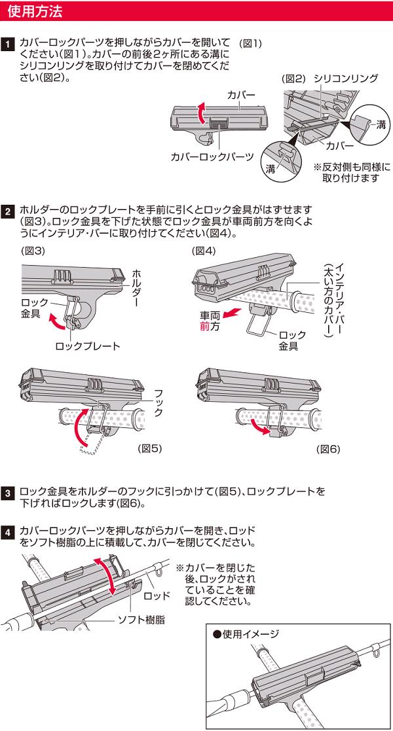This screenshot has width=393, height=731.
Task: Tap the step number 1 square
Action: click(x=8, y=45)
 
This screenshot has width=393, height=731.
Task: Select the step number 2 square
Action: click(x=8, y=211)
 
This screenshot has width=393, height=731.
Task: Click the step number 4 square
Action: click(x=8, y=532)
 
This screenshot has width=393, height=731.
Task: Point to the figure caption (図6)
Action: click(x=328, y=450)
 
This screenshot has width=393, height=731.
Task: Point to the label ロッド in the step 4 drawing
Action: click(x=157, y=595)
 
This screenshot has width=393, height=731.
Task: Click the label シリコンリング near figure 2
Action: click(x=346, y=78)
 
